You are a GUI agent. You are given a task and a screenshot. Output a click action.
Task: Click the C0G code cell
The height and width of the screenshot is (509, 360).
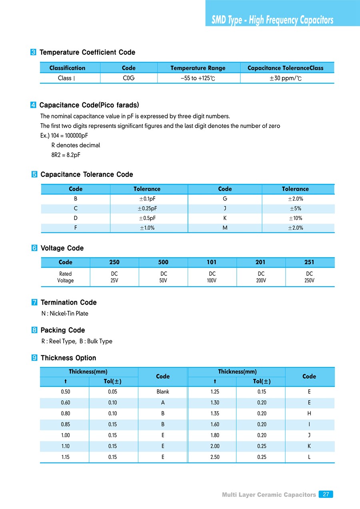pyautogui.click(x=128, y=78)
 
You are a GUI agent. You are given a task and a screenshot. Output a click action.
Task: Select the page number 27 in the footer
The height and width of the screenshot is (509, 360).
pyautogui.click(x=326, y=494)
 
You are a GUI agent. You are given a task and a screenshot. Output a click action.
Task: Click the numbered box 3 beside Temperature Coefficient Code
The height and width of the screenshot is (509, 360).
pyautogui.click(x=34, y=52)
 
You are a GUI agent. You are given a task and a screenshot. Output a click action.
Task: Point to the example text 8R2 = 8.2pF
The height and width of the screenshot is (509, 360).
pyautogui.click(x=66, y=155)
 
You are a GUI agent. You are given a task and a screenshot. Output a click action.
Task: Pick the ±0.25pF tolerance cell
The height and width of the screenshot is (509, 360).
pyautogui.click(x=148, y=208)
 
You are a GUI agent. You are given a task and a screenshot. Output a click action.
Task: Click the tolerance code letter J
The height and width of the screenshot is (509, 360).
pyautogui.click(x=225, y=208)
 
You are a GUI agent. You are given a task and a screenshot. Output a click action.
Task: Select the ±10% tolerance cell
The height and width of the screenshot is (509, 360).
pyautogui.click(x=295, y=218)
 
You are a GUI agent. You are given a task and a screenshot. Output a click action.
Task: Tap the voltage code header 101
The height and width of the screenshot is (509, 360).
pyautogui.click(x=212, y=263)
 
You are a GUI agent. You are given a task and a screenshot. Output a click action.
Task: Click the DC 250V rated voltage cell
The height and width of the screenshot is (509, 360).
pyautogui.click(x=309, y=277)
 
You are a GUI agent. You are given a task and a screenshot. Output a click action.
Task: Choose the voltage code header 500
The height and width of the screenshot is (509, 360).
pyautogui.click(x=163, y=263)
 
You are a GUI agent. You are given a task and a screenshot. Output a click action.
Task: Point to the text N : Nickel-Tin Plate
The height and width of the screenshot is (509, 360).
pyautogui.click(x=65, y=313)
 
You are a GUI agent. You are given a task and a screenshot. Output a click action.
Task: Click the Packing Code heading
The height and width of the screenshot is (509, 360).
pyautogui.click(x=63, y=330)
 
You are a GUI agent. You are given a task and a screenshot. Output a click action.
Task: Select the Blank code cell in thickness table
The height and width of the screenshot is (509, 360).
pyautogui.click(x=163, y=392)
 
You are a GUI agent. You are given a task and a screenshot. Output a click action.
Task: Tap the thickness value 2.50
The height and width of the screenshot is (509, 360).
pyautogui.click(x=215, y=457)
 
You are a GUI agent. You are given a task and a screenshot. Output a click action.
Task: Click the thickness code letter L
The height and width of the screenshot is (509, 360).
pyautogui.click(x=309, y=457)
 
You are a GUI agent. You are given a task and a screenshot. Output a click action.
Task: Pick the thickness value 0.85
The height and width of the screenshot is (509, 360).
pyautogui.click(x=66, y=425)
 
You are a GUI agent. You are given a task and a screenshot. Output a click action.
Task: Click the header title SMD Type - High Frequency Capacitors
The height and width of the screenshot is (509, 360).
pyautogui.click(x=272, y=20)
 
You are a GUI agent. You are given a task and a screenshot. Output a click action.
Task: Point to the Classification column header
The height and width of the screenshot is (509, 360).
pyautogui.click(x=67, y=68)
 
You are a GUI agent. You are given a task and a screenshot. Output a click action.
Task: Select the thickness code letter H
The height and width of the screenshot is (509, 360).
pyautogui.click(x=309, y=413)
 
